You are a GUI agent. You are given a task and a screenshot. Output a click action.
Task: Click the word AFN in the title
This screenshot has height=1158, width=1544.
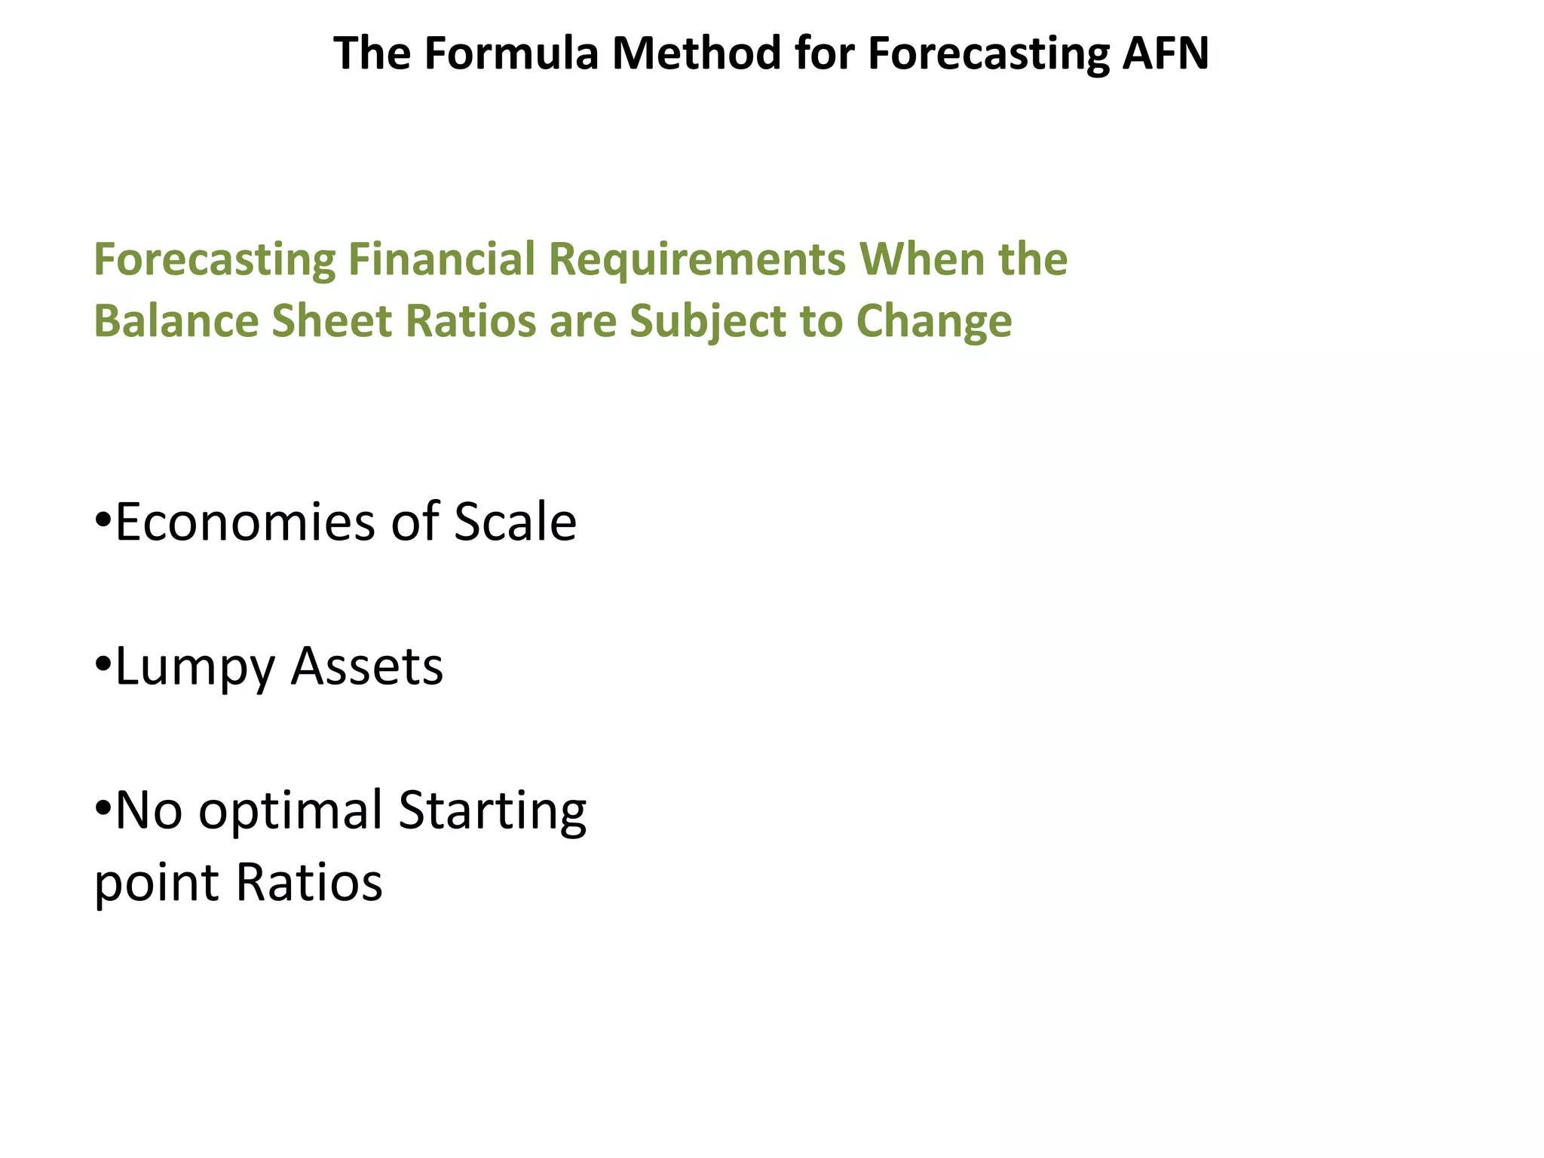pyautogui.click(x=1165, y=54)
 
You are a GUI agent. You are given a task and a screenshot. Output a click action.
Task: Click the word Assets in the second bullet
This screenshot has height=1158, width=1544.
pyautogui.click(x=367, y=667)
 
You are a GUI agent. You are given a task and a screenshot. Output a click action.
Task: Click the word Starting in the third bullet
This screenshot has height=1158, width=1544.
pyautogui.click(x=492, y=810)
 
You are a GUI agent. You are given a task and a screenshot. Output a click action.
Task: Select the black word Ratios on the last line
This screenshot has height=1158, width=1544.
pyautogui.click(x=309, y=882)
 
